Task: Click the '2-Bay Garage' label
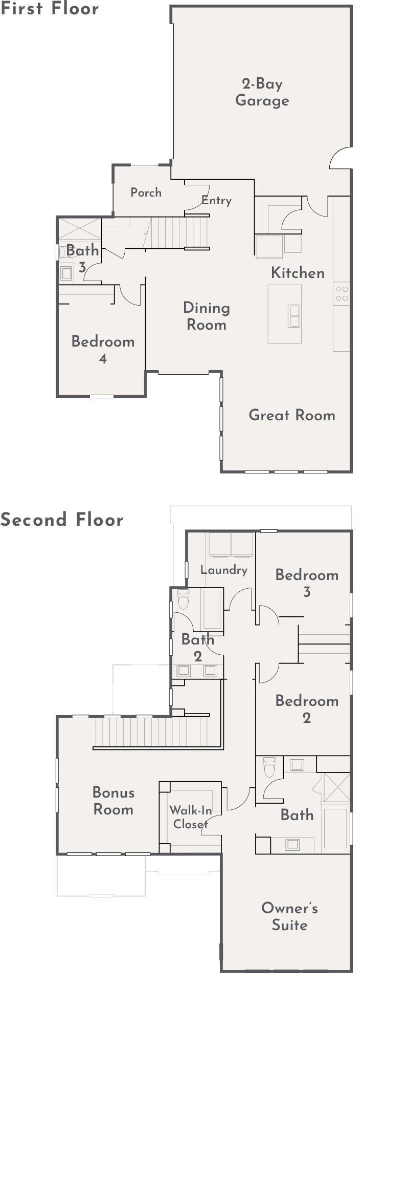point(262,92)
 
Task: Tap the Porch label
point(146,192)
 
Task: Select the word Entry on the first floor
point(216,201)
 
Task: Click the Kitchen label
point(298,273)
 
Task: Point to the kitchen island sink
point(294,316)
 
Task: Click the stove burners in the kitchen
point(342,293)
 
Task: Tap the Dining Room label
point(207,316)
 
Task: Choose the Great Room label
point(292,415)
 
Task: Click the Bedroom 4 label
point(103,350)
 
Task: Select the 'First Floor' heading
point(50,8)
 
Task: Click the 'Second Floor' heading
point(62,520)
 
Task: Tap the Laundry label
point(224,570)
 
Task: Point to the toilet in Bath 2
point(183,599)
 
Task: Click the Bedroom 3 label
point(307,583)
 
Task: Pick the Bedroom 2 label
point(307,709)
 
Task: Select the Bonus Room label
point(113,801)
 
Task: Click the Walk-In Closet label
point(191,817)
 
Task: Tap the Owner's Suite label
point(290,916)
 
